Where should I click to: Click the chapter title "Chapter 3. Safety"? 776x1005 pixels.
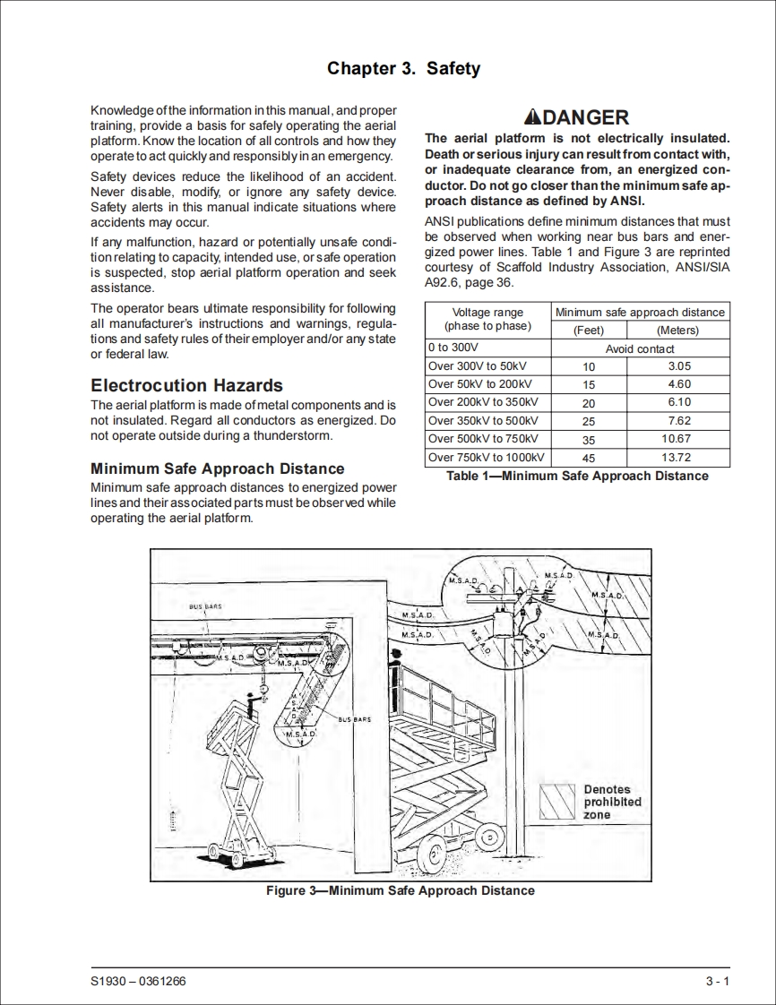point(403,69)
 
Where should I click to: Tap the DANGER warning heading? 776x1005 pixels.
point(577,117)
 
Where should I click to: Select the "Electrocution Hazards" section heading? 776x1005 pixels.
point(187,386)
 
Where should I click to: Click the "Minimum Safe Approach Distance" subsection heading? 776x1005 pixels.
point(218,468)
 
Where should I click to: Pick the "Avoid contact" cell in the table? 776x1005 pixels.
point(640,348)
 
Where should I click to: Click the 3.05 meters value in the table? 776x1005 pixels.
point(679,366)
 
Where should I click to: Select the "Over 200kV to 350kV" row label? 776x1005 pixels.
point(483,403)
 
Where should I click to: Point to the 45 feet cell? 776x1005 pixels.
point(589,458)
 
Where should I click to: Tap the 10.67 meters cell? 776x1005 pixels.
point(677,439)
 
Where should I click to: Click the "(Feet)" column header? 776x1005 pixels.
point(589,330)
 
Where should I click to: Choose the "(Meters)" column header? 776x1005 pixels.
point(677,330)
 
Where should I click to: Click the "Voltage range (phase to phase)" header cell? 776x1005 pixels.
point(487,320)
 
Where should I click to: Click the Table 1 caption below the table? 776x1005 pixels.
point(577,476)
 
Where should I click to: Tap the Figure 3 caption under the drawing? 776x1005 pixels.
point(401,890)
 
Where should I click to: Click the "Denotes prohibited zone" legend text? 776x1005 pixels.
point(612,803)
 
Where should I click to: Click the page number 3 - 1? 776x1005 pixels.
point(718,982)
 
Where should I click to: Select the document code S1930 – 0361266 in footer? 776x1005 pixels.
point(139,982)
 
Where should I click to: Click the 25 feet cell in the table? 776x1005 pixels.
point(589,421)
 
